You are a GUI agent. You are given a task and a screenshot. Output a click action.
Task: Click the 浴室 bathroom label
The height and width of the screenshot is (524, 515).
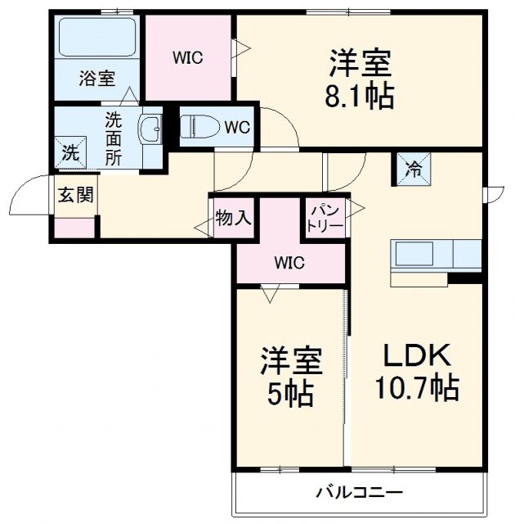96,79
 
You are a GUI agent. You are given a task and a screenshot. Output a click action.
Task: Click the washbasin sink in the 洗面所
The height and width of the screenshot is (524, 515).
150,129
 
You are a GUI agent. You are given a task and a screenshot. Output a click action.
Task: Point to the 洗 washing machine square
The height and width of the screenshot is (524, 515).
70,152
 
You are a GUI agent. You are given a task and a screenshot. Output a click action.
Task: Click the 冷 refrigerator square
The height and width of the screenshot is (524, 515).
414,169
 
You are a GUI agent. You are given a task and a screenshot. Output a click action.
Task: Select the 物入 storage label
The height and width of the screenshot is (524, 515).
233,218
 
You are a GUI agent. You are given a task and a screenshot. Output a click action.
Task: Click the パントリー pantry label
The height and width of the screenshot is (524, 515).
325,218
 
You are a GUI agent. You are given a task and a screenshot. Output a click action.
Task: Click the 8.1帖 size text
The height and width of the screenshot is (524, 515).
360,96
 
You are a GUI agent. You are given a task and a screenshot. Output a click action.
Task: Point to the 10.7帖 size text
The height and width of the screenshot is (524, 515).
416,386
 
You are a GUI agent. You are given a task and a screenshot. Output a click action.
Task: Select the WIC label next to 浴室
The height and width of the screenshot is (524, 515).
187,58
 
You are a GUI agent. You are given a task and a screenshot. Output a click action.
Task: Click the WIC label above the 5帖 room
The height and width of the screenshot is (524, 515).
289,263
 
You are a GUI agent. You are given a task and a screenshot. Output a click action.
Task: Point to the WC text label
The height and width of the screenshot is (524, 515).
237,127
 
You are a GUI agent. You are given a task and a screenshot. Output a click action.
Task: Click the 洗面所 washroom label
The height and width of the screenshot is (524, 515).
112,136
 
